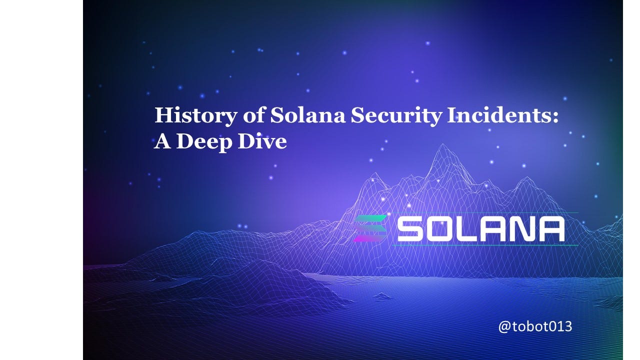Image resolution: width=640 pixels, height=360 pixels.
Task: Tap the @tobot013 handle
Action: point(535,327)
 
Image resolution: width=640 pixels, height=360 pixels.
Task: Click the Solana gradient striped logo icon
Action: point(370,228)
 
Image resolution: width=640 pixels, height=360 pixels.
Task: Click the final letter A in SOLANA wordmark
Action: point(552,229)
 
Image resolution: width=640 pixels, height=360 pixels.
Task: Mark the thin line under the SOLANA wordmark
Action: point(485,245)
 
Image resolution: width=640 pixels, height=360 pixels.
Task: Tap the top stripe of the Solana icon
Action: point(370,219)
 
